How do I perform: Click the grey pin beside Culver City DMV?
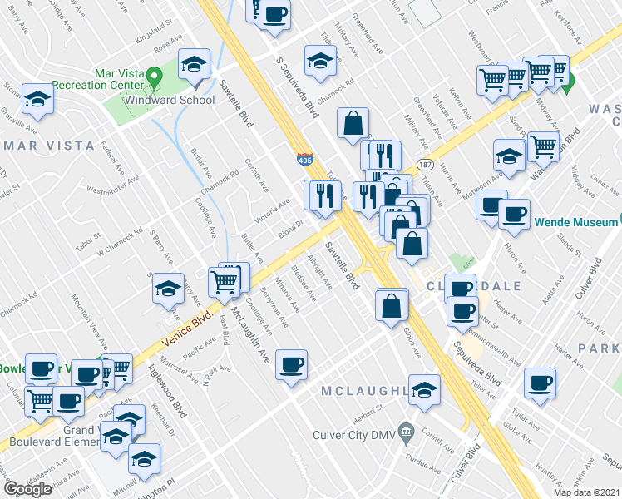[x=406, y=431]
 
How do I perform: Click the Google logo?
[x=28, y=489]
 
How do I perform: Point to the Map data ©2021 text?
[x=586, y=492]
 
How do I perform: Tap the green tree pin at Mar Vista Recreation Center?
[x=154, y=77]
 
